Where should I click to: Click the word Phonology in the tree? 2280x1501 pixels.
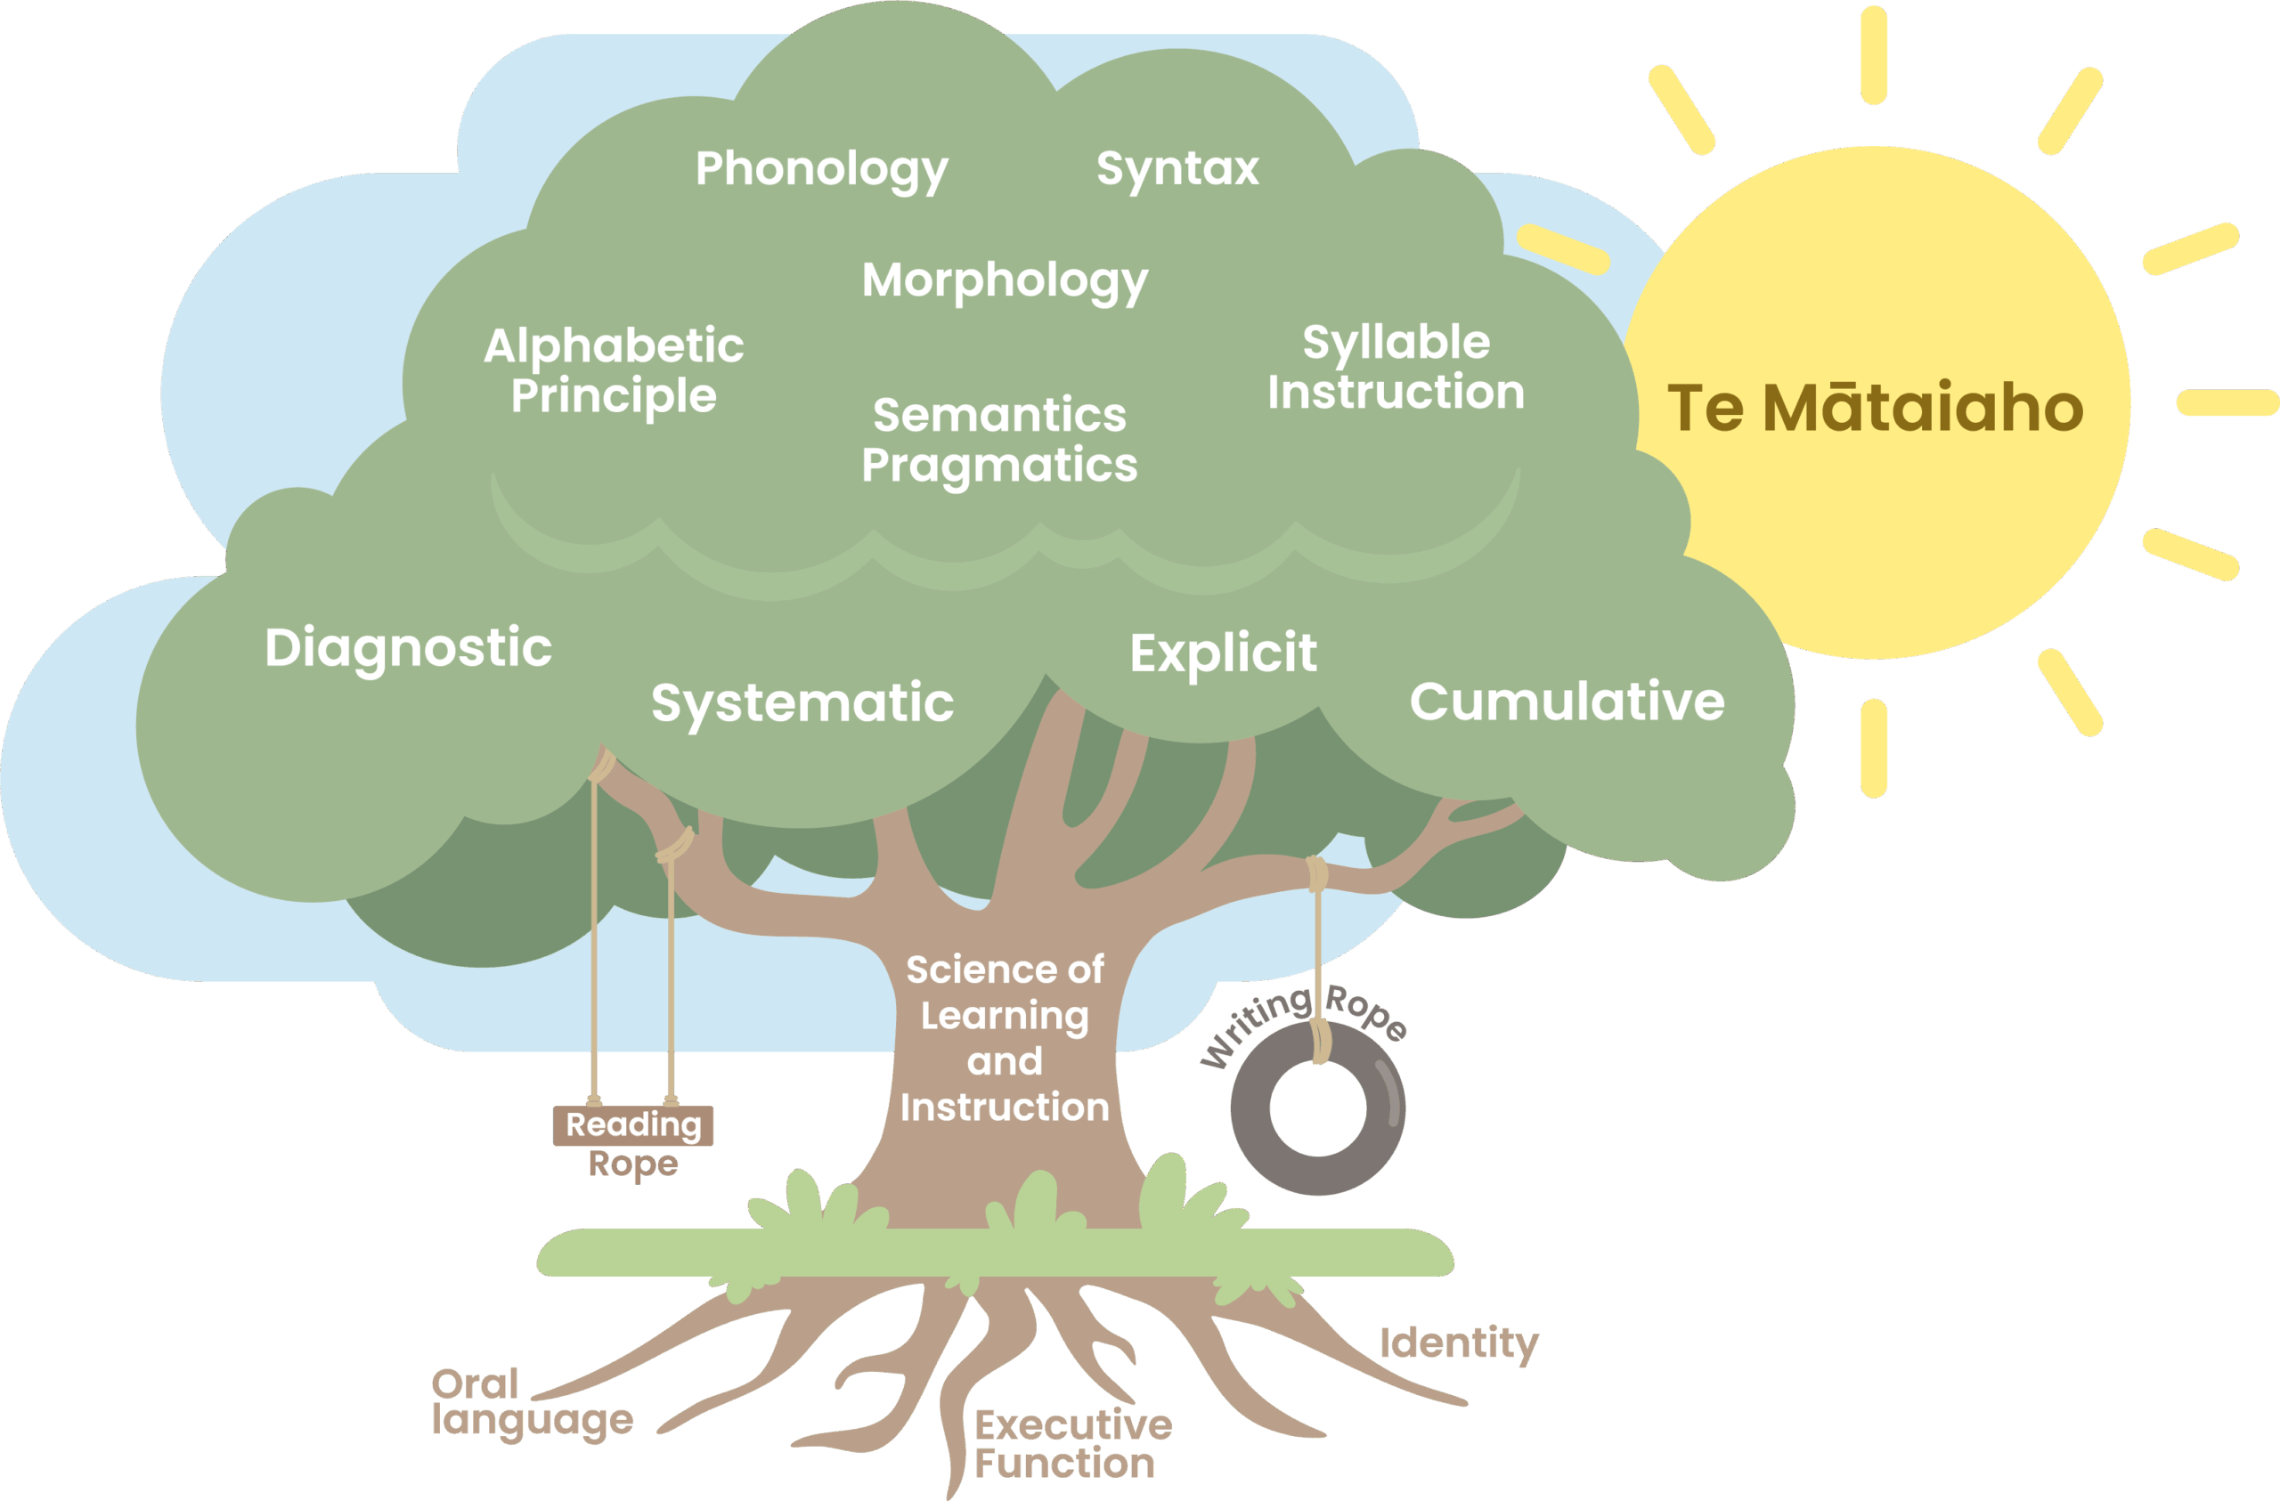pyautogui.click(x=821, y=169)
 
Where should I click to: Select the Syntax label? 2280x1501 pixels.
pyautogui.click(x=1177, y=168)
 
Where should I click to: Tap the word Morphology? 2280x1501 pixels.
pyautogui.click(x=1004, y=280)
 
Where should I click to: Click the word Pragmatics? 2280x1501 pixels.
pyautogui.click(x=999, y=466)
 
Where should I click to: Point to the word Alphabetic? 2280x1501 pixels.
pyautogui.click(x=613, y=345)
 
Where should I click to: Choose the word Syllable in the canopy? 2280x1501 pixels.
pyautogui.click(x=1396, y=342)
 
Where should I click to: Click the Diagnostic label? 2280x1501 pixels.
pyautogui.click(x=408, y=647)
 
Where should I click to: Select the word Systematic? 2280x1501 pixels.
pyautogui.click(x=802, y=702)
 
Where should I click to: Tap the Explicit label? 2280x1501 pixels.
pyautogui.click(x=1223, y=653)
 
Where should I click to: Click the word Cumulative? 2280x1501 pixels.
pyautogui.click(x=1567, y=702)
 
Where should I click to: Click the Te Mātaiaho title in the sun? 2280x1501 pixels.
pyautogui.click(x=1875, y=408)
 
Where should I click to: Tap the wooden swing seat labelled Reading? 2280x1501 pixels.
pyautogui.click(x=632, y=1124)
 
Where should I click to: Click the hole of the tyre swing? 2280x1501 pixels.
pyautogui.click(x=1317, y=1108)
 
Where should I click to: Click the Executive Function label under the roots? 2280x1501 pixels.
pyautogui.click(x=1072, y=1445)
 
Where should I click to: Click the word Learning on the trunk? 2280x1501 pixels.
pyautogui.click(x=1004, y=1015)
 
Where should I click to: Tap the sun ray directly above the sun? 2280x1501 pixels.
pyautogui.click(x=1874, y=54)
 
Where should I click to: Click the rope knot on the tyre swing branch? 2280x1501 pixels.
pyautogui.click(x=1317, y=873)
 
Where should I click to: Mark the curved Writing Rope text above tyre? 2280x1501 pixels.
pyautogui.click(x=1303, y=1019)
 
